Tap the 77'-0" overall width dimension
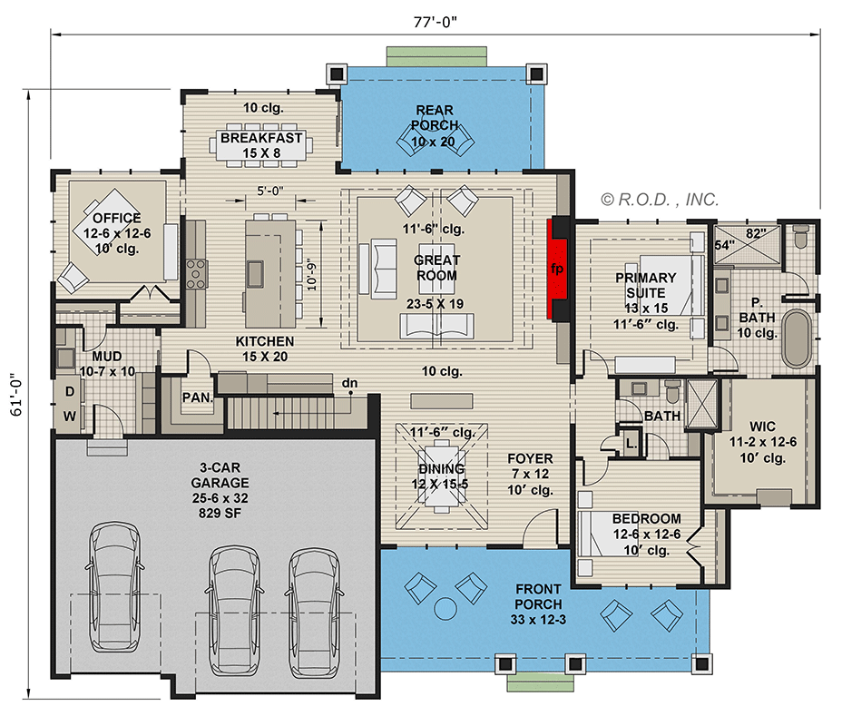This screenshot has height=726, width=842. point(437,22)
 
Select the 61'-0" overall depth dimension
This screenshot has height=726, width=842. point(15,397)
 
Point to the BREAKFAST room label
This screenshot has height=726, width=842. point(261,139)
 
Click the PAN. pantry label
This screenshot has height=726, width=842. point(196,397)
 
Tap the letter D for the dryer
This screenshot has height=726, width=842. point(68,392)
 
